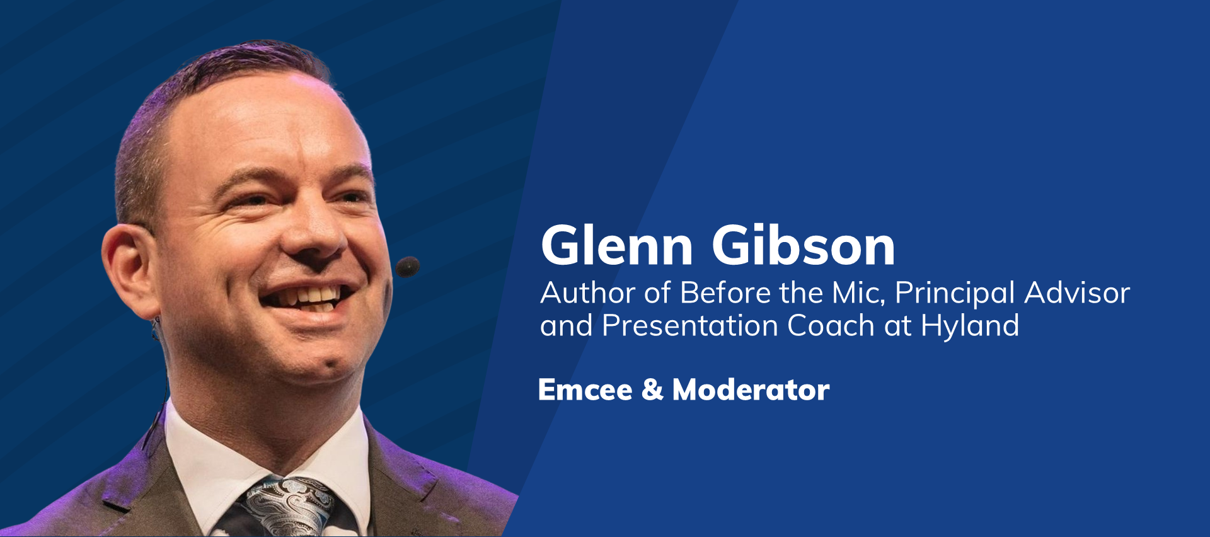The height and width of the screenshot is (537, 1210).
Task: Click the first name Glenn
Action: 617,245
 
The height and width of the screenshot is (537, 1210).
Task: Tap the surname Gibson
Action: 804,245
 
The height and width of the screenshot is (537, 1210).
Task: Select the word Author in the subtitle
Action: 588,293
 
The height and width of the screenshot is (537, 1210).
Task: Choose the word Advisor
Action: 1077,293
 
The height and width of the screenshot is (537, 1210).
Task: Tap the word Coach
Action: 831,326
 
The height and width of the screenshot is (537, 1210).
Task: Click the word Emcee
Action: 585,390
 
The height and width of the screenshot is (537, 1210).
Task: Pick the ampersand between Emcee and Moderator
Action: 652,390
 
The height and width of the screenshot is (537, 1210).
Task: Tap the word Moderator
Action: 751,390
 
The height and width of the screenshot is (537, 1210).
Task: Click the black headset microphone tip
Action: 407,267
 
